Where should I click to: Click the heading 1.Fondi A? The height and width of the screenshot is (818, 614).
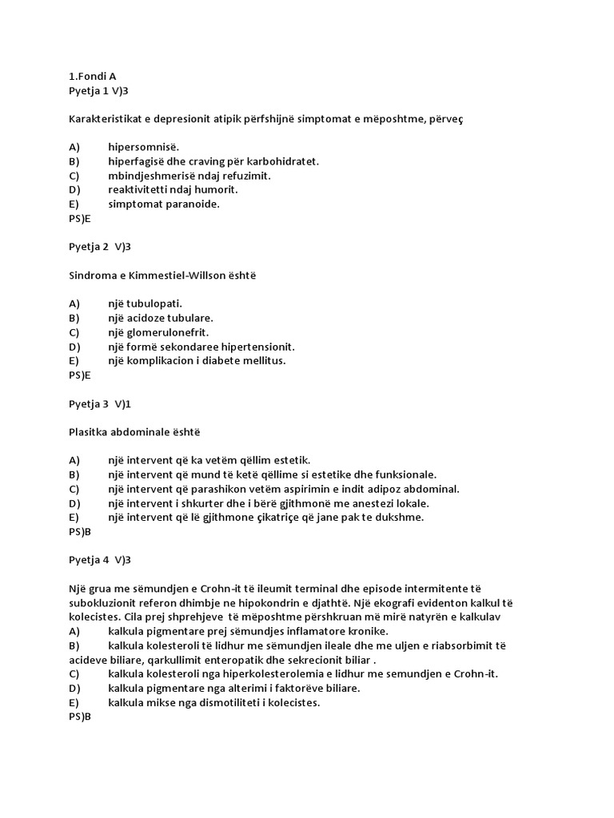[x=93, y=77]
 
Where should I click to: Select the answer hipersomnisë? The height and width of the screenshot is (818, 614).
[x=144, y=147]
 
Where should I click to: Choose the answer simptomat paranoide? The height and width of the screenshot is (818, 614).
[x=164, y=204]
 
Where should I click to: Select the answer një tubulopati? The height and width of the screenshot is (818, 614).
[x=146, y=304]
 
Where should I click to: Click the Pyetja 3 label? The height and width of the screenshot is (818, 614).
[x=88, y=403]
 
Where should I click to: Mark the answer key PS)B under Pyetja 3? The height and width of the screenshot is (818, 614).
[x=80, y=531]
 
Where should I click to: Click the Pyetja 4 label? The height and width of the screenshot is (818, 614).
[x=88, y=560]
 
